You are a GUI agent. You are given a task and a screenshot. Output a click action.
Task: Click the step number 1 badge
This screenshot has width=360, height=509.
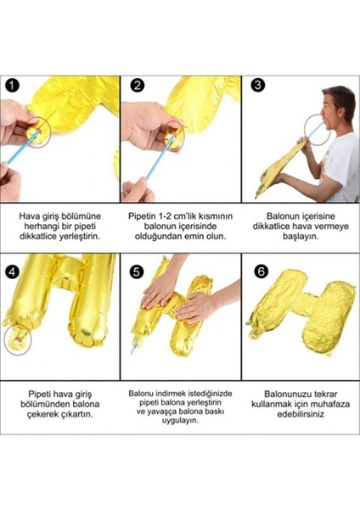coord(11,86)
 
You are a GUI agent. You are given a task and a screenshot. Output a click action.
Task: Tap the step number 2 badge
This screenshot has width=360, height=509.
coord(136,86)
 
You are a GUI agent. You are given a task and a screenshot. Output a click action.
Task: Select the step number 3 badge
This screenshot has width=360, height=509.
coord(257,86)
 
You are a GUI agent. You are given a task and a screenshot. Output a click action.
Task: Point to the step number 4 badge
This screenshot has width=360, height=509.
coord(11,272)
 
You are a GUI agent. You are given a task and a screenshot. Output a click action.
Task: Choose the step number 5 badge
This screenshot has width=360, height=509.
coord(136,272)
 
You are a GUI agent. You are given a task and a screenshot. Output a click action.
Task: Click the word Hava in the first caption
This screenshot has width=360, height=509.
coord(31,216)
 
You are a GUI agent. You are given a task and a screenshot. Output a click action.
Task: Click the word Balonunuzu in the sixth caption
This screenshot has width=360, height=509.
coord(281,393)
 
